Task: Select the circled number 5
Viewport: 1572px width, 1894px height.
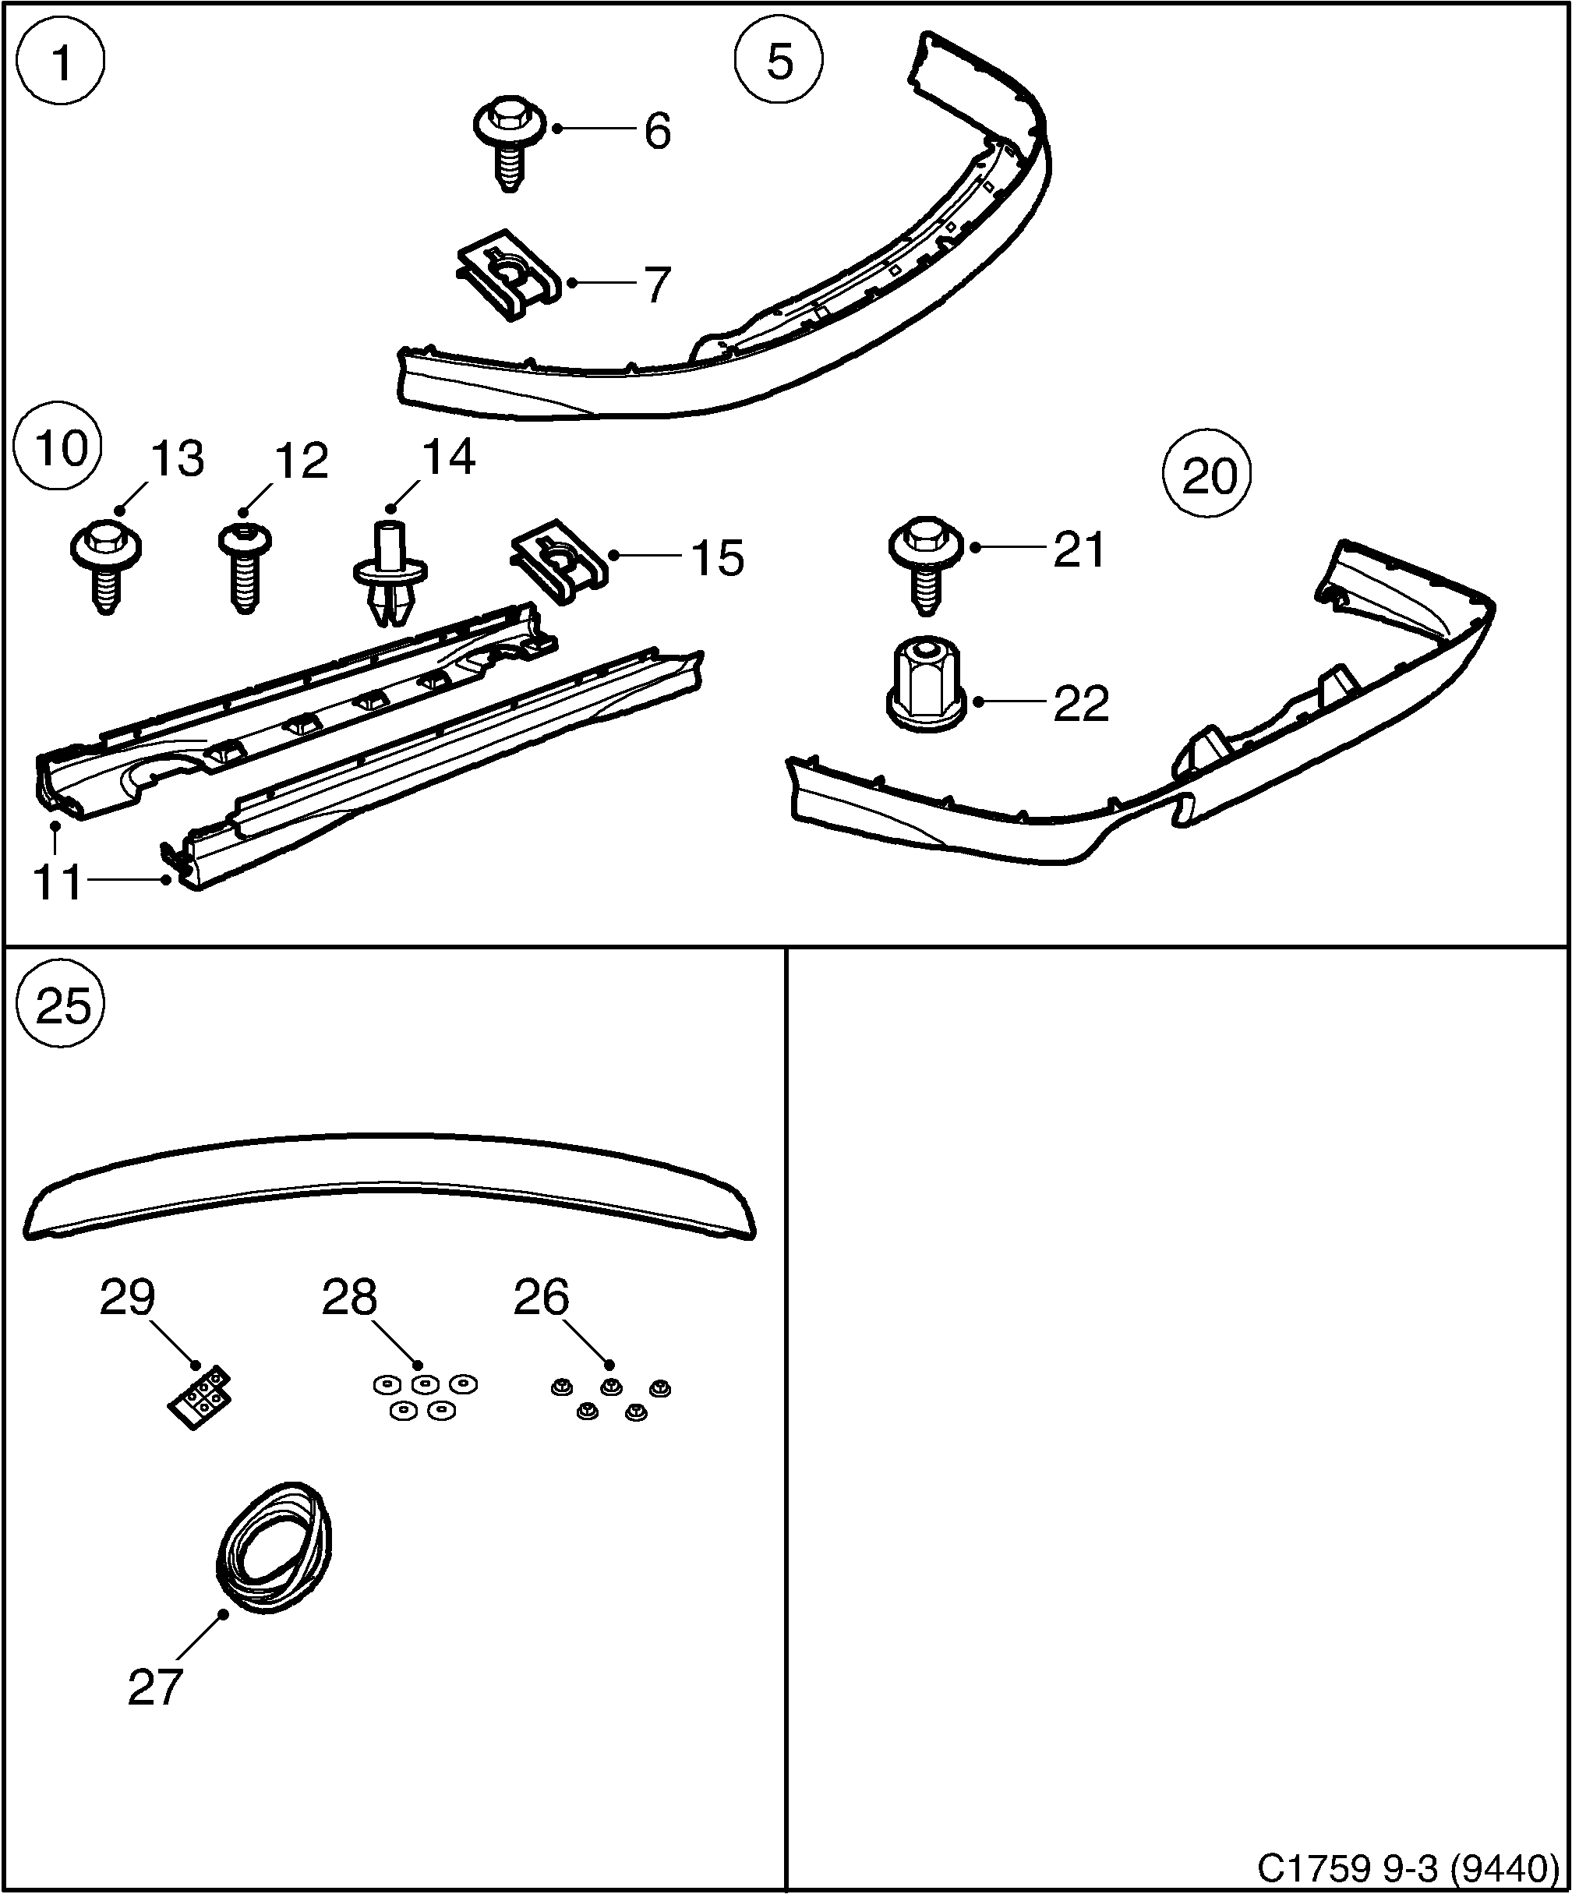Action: (779, 62)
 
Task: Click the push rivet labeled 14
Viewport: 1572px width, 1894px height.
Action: (389, 573)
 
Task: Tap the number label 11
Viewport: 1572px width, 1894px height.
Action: (57, 882)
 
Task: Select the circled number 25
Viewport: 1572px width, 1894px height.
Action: (62, 1005)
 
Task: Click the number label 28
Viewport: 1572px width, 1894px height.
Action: (349, 1297)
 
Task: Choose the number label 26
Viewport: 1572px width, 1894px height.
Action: (541, 1297)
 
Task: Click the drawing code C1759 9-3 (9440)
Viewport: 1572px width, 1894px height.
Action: (1408, 1867)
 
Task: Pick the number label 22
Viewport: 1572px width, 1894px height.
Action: (1080, 705)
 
